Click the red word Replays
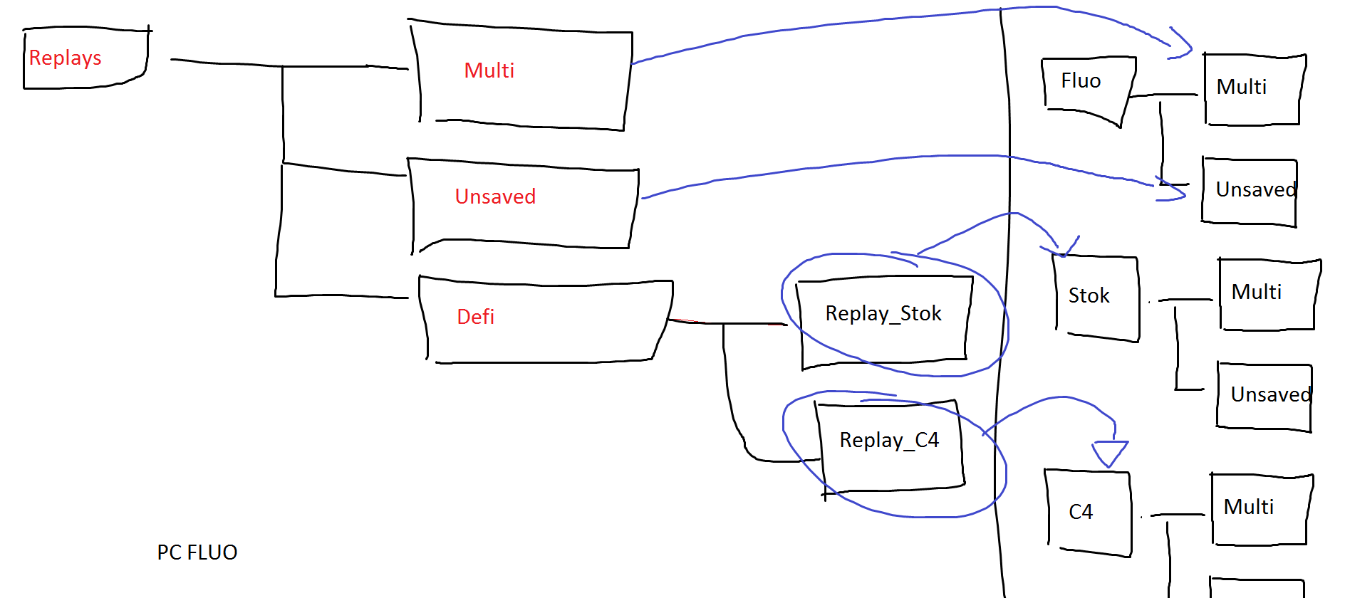[65, 58]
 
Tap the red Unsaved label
[495, 196]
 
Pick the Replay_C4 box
[889, 444]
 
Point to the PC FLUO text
[197, 552]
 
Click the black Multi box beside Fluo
[1253, 89]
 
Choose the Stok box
[1096, 298]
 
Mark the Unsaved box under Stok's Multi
[1264, 396]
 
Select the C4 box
[1088, 512]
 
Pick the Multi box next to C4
[1260, 509]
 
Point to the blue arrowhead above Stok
[1063, 248]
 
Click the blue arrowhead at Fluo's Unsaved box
[1172, 191]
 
